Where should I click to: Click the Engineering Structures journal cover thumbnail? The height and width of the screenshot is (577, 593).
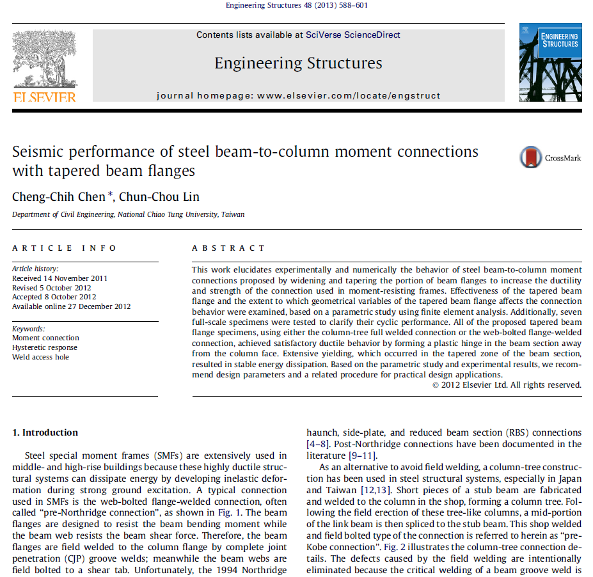[550, 62]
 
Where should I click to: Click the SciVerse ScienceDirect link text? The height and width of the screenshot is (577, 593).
[353, 35]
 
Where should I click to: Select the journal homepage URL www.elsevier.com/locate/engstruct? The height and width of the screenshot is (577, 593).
[349, 96]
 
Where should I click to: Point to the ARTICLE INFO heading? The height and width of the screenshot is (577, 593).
[65, 248]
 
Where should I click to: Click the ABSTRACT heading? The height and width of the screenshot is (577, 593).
[228, 248]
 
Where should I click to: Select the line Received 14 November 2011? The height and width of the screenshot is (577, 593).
[60, 278]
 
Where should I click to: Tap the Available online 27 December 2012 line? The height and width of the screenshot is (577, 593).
[72, 306]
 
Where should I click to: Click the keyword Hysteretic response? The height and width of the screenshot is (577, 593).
[45, 347]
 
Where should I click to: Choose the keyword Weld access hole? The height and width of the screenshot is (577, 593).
[41, 357]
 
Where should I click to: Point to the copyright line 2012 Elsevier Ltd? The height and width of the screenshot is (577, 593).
[507, 385]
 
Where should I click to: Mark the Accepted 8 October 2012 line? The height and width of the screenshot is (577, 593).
[54, 297]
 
